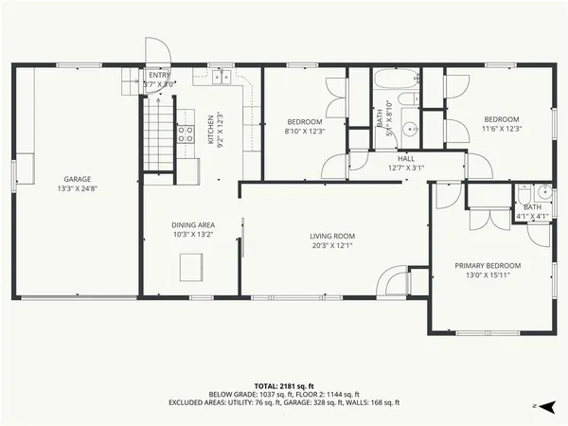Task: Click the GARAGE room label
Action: tap(77, 178)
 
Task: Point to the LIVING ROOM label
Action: tap(331, 236)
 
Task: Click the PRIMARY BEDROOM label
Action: tap(488, 265)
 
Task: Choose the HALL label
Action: tap(406, 158)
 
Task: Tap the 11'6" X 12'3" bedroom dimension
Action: tap(503, 129)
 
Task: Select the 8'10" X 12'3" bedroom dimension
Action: tap(304, 132)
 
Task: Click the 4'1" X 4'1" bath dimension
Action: tap(532, 216)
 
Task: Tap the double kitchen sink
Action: tap(221, 77)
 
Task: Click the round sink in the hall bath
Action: tap(410, 128)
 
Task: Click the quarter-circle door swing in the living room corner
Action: tap(391, 281)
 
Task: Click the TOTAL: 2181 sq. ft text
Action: tap(283, 385)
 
